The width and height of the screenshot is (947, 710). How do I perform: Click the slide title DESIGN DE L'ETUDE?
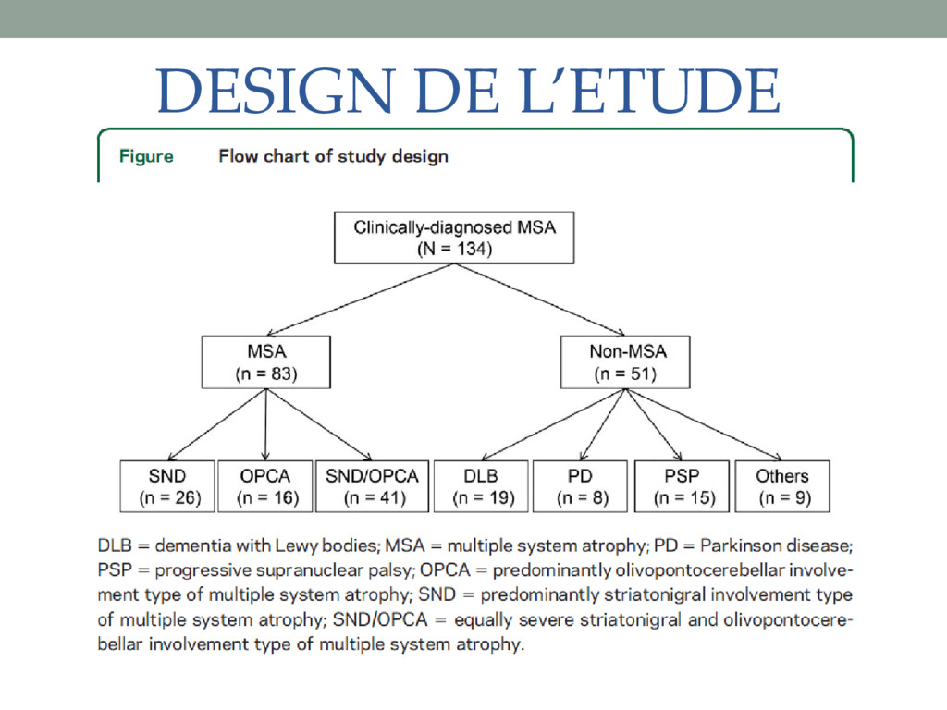coord(468,92)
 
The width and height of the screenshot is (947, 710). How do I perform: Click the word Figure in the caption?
coord(146,156)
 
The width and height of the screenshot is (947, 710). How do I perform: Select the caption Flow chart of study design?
coord(333,156)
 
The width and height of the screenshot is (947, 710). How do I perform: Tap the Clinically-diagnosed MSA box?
coord(454,238)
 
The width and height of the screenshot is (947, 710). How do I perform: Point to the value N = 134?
coord(454,249)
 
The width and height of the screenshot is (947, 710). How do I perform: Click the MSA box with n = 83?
coord(265,362)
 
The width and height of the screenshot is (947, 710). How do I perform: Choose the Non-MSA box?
coord(627,362)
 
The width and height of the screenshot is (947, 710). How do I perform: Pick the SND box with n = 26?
coord(166,486)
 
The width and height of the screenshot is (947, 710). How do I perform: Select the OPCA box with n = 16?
coord(264,486)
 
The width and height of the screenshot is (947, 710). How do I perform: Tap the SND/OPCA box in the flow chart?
coord(372,486)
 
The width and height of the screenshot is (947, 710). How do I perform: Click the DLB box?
coord(481,486)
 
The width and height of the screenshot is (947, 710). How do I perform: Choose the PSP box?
coord(682,486)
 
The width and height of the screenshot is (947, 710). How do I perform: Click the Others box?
coord(781,486)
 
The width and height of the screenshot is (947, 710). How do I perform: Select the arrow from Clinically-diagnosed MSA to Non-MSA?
coord(540,300)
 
